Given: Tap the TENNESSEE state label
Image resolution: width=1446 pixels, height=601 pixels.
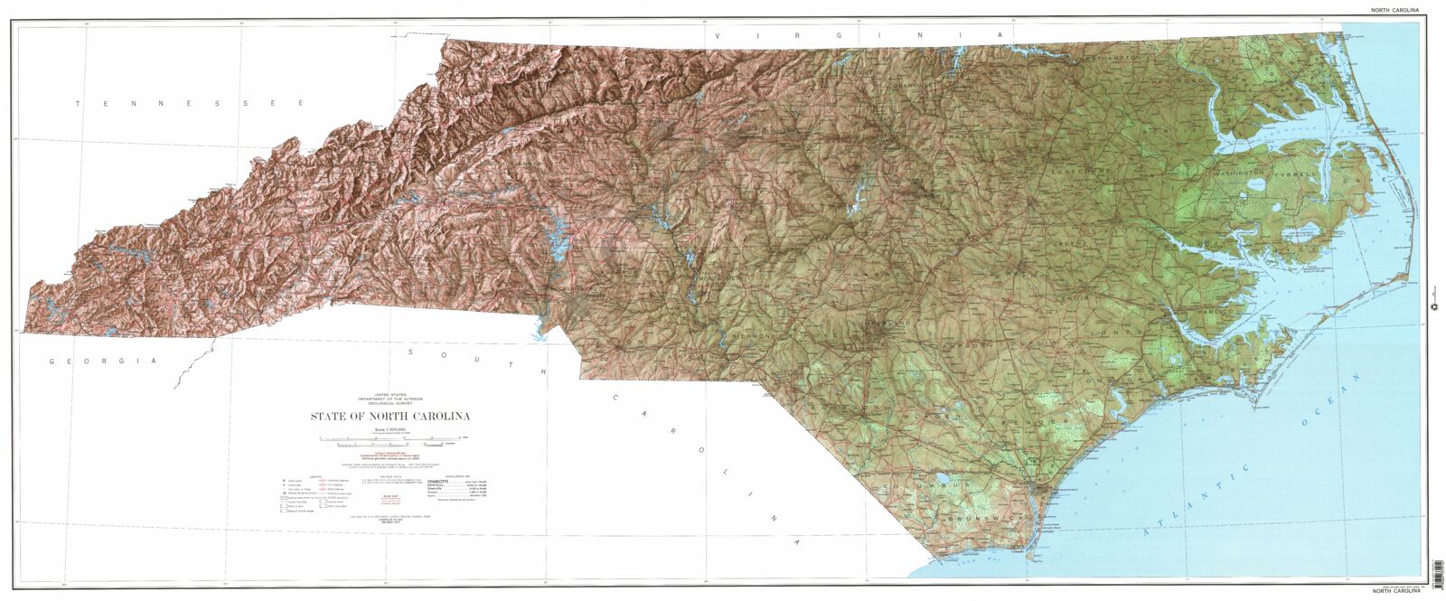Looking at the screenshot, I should pyautogui.click(x=190, y=105).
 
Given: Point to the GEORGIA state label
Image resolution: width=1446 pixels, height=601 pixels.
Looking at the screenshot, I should pyautogui.click(x=104, y=361).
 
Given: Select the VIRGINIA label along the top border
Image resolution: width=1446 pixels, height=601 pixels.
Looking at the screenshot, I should pyautogui.click(x=859, y=34).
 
